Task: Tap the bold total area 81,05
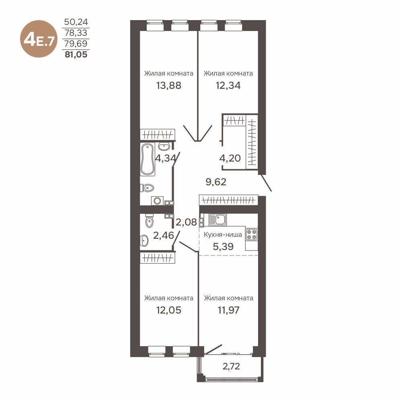76,53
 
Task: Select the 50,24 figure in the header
76,22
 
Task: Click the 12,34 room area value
228,85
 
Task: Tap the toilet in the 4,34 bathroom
148,187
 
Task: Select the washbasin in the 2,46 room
144,241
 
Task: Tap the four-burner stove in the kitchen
252,234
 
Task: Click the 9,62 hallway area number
216,182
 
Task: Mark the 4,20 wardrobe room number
230,158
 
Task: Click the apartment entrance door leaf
267,183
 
